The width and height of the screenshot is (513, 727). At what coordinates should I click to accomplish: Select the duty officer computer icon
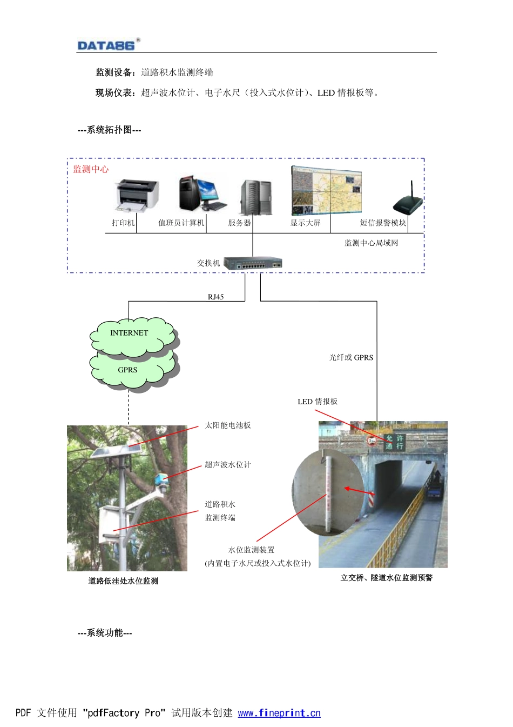click(202, 193)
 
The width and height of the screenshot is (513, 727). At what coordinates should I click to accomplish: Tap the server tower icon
click(256, 197)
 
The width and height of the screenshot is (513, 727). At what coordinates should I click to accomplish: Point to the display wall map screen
click(326, 191)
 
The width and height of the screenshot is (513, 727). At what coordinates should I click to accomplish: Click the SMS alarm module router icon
click(408, 201)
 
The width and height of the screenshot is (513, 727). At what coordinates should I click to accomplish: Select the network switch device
click(253, 264)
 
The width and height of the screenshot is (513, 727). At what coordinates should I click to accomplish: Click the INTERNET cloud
click(130, 334)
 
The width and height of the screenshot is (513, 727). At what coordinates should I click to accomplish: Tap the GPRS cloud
click(128, 370)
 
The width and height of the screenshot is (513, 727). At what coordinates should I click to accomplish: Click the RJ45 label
click(215, 297)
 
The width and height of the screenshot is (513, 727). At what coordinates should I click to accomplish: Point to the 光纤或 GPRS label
click(351, 357)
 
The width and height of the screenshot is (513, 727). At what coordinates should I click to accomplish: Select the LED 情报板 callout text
click(318, 402)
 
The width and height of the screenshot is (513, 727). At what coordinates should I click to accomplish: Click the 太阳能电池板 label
click(227, 425)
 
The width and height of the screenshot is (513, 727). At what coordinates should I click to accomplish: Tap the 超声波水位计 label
click(227, 465)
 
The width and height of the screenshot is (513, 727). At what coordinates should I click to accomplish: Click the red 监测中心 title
click(91, 169)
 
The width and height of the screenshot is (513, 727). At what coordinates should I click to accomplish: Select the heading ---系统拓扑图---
click(109, 130)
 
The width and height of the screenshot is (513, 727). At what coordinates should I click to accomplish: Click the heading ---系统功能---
click(105, 633)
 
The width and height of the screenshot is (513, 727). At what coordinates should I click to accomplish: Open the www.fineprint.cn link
click(279, 713)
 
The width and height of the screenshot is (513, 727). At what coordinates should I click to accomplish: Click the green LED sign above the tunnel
click(394, 442)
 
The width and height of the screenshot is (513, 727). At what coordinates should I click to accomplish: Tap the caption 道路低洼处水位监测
click(123, 581)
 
